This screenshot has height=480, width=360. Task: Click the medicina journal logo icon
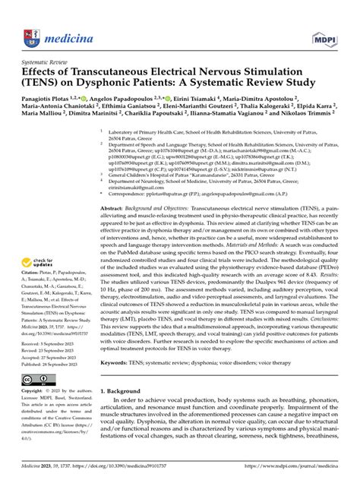tap(31, 16)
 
